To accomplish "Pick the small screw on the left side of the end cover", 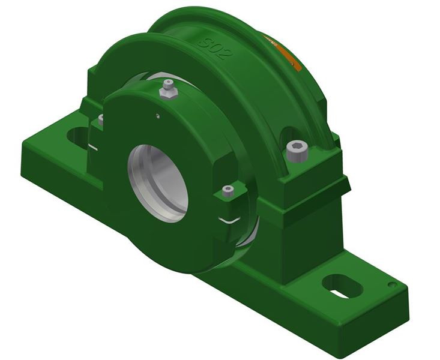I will [100, 119].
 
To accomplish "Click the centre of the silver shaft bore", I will [158, 183].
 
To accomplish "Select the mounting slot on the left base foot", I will [77, 136].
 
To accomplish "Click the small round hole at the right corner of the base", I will [391, 284].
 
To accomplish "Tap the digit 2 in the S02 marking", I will [224, 53].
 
